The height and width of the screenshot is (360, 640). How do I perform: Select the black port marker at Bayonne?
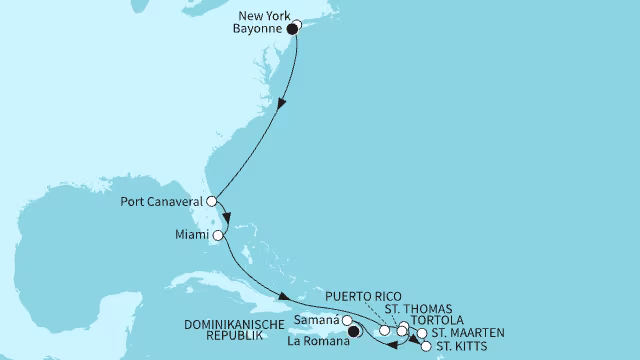tap(292, 30)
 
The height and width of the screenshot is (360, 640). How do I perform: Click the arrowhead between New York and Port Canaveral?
tap(286, 103)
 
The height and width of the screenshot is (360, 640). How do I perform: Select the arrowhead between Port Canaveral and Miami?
tap(226, 220)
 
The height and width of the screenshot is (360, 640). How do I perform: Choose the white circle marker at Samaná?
tap(348, 321)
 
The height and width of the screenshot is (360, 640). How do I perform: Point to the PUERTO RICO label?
tap(366, 296)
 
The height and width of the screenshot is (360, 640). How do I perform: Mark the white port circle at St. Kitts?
tap(427, 347)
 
